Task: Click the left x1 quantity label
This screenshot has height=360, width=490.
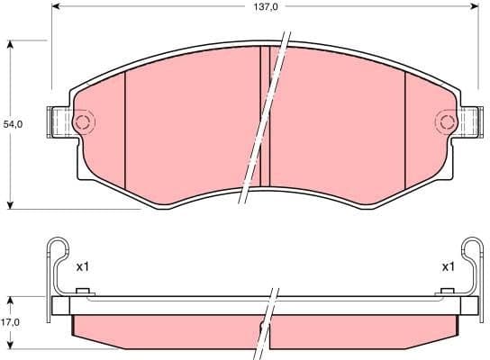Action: [x=84, y=266]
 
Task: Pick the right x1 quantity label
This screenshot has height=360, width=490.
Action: [x=447, y=266]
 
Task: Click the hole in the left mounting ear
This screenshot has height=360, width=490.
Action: [x=82, y=122]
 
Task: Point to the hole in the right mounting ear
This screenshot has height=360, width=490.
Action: [x=448, y=122]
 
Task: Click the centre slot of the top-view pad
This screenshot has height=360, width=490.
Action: [x=265, y=117]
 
